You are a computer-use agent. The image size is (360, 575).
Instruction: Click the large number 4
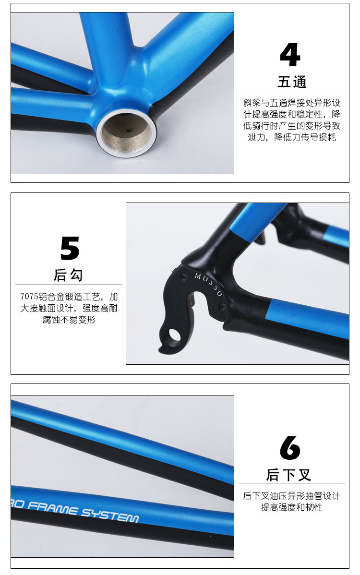click(290, 55)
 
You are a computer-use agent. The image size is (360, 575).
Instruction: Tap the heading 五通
click(292, 82)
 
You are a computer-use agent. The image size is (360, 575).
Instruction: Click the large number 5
click(70, 248)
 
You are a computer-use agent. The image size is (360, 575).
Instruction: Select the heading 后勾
click(68, 275)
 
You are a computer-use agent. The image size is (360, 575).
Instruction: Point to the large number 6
click(290, 448)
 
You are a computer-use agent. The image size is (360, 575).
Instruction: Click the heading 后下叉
click(289, 475)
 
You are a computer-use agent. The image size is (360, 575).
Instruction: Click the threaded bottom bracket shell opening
click(126, 133)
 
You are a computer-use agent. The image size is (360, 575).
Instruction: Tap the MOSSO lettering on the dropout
click(208, 284)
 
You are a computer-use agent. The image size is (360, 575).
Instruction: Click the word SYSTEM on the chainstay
click(109, 515)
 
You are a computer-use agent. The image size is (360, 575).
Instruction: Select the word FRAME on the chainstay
click(52, 508)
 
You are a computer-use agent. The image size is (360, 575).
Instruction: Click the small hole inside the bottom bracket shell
click(128, 130)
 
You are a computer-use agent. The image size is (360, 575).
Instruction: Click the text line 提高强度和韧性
click(292, 507)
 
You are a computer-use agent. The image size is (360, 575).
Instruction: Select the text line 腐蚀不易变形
click(69, 319)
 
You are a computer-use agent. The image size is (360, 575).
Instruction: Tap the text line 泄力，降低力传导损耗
click(291, 137)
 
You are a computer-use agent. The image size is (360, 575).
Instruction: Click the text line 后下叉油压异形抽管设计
click(292, 496)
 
